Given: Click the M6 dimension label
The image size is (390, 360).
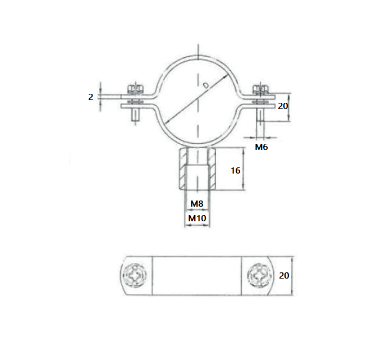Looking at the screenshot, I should tap(261, 147).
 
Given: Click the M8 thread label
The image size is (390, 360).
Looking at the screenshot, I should tap(196, 203).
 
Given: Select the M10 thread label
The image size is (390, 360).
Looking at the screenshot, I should tap(196, 217).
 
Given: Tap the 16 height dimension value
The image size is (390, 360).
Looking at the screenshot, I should tap(236, 170).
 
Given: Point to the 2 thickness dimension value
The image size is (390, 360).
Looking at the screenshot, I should tap(90, 97).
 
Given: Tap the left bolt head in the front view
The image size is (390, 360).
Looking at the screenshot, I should tap(135, 90).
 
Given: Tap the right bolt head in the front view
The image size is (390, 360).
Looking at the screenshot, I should tap(260, 90).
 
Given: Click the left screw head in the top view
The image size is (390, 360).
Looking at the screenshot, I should tap(136, 275).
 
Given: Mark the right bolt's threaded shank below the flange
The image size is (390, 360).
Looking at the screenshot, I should tap(260, 120).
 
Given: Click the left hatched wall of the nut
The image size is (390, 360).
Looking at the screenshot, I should tap(183, 170).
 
